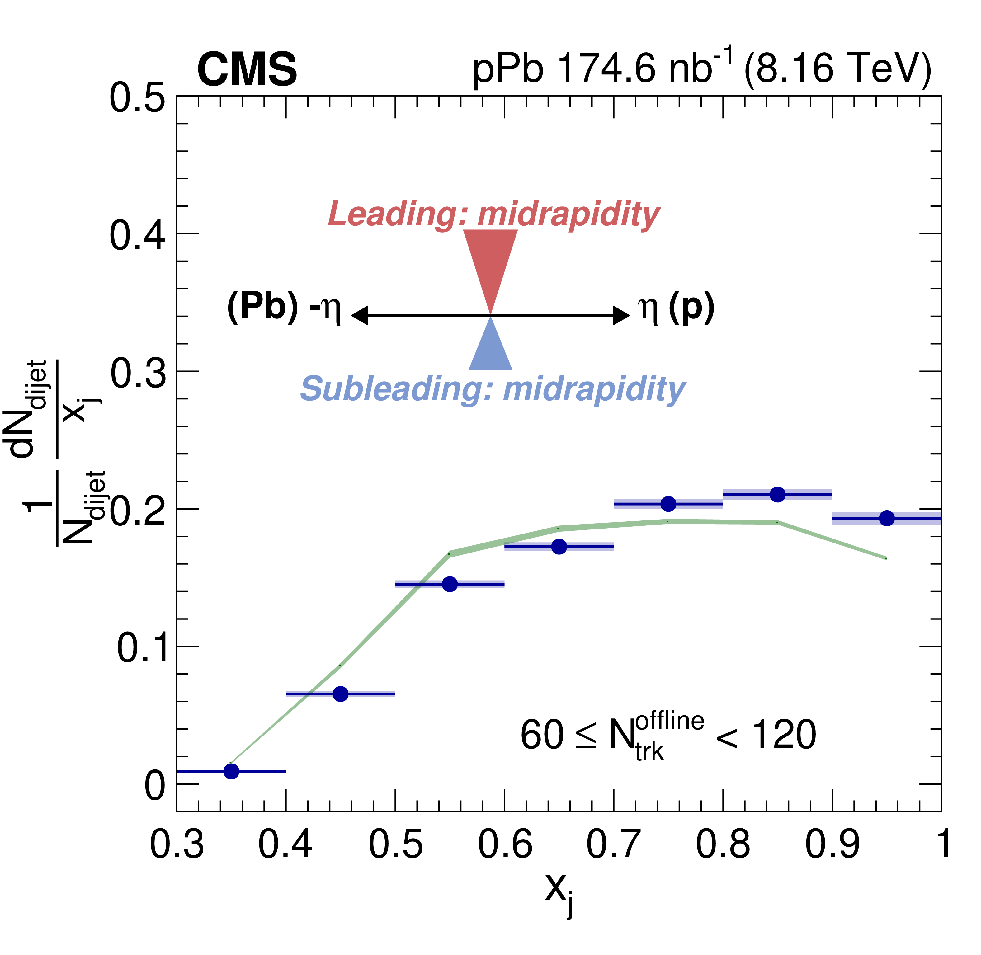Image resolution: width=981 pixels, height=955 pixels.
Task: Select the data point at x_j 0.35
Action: [231, 771]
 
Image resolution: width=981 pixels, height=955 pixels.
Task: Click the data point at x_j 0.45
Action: [341, 694]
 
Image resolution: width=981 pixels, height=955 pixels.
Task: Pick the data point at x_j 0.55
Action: [450, 584]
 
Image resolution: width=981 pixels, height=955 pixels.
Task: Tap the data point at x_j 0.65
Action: [559, 546]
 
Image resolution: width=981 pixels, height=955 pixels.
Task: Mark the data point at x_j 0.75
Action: [668, 504]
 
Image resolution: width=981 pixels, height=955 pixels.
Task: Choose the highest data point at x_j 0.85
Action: [777, 495]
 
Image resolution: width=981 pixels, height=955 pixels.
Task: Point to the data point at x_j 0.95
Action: [887, 518]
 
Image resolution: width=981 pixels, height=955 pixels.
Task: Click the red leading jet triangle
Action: [490, 261]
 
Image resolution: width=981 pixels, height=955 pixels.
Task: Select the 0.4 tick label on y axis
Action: [137, 235]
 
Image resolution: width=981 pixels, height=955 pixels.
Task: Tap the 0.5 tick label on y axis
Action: [137, 98]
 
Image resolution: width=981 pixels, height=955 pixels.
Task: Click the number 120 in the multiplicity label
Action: [785, 735]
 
